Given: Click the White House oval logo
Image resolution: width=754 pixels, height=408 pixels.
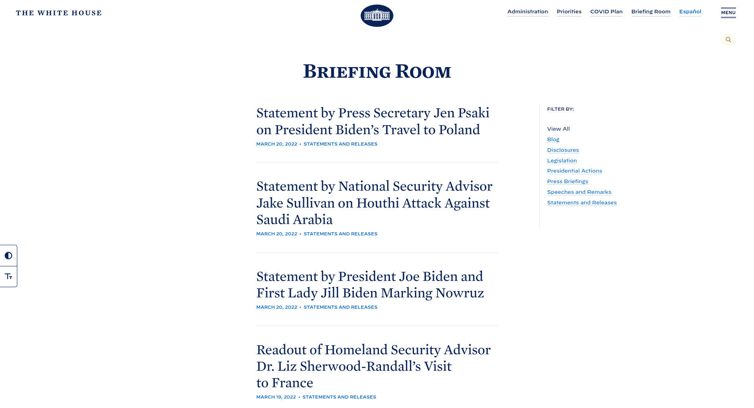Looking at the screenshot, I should [377, 16].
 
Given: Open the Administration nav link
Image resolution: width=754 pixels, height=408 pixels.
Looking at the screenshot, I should [527, 12].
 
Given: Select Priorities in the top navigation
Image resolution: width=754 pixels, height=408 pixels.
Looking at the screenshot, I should [569, 12].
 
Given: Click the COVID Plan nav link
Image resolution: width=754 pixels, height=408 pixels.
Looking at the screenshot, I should [606, 12].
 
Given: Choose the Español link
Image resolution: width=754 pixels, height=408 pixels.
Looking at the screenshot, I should [690, 12].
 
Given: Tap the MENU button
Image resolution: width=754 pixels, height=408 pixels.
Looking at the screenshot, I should [728, 13].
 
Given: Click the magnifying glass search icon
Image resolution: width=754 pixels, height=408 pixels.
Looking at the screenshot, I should [728, 40].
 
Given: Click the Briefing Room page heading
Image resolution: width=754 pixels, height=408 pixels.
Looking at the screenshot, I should [377, 71].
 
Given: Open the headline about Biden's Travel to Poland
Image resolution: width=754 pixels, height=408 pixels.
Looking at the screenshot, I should [373, 121].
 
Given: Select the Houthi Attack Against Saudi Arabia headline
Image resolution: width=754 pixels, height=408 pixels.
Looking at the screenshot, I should [374, 203].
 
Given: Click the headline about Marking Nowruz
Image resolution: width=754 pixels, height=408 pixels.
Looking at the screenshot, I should [370, 285].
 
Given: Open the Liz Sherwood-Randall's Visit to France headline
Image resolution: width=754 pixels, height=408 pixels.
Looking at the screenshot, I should [373, 366].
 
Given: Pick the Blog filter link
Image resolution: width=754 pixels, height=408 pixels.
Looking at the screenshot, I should [553, 140].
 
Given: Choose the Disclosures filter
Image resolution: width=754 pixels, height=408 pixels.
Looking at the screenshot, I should [563, 150].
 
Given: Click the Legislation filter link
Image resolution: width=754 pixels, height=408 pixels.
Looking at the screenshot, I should [562, 161].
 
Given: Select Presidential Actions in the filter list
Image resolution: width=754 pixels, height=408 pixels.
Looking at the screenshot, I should [574, 171].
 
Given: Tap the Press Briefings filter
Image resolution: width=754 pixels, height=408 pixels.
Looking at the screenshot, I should [567, 182].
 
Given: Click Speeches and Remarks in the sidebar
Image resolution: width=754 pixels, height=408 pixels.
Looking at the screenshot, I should [579, 192].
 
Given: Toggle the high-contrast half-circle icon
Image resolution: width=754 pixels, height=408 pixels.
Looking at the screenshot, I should [8, 256].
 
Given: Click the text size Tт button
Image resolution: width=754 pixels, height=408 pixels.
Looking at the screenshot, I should [8, 277].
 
